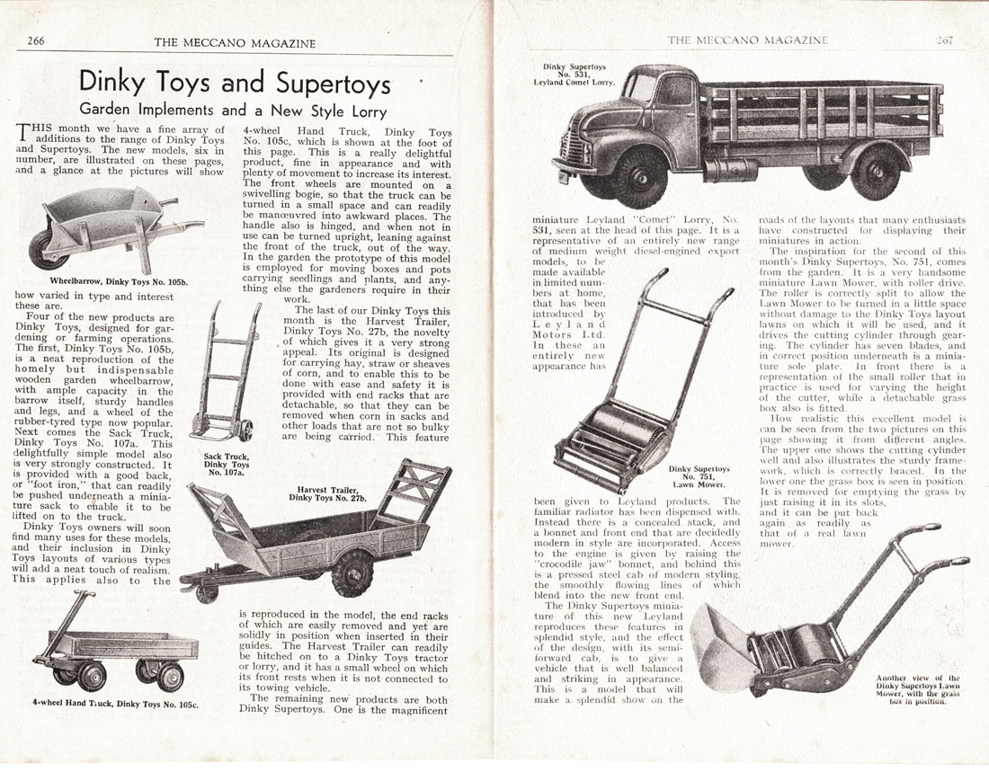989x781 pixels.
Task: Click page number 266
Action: pos(37,40)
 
